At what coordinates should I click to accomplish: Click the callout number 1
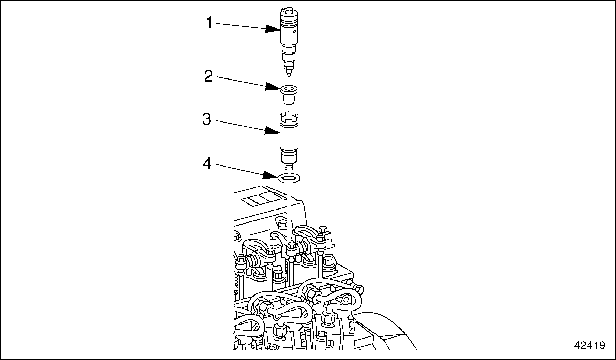click(x=209, y=23)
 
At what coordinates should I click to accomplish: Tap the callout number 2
click(x=208, y=76)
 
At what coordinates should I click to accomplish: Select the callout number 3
click(x=207, y=119)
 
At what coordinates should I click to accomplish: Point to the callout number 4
click(x=207, y=164)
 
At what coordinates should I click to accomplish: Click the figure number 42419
click(x=590, y=345)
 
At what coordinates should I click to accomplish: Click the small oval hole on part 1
click(x=294, y=32)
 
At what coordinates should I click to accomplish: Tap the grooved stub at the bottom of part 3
click(x=289, y=167)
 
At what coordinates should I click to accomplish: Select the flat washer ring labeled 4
click(x=289, y=178)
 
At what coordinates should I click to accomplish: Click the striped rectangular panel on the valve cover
click(x=260, y=199)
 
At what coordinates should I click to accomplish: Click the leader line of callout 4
click(x=239, y=170)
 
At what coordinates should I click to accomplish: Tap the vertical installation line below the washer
click(x=289, y=212)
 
